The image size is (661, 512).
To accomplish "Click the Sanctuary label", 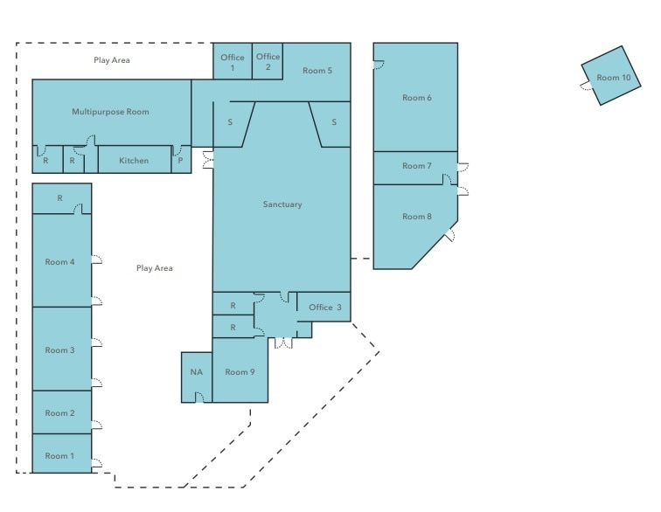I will (x=282, y=204).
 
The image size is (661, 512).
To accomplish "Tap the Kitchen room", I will (x=134, y=161).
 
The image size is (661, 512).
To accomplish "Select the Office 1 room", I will (x=233, y=62).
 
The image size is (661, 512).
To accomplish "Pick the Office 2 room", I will (x=268, y=61).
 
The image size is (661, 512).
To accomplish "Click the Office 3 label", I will (x=325, y=307).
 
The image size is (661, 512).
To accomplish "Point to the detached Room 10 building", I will (x=614, y=78).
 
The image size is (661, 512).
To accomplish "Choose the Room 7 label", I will (x=417, y=166).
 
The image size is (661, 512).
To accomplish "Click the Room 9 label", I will (x=240, y=372).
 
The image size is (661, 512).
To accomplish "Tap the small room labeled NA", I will (x=196, y=372).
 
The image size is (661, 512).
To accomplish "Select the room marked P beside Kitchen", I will (x=180, y=161).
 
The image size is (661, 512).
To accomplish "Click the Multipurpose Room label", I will (x=110, y=112).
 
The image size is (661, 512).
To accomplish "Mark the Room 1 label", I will (x=60, y=456).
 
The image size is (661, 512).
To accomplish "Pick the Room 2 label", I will (x=60, y=413).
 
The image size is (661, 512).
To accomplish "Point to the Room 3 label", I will (x=60, y=349).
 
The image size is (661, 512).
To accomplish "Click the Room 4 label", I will (x=60, y=262).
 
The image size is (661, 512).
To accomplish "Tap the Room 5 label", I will (x=317, y=70).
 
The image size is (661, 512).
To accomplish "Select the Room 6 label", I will (x=417, y=98).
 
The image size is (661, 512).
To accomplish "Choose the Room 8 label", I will (x=417, y=217).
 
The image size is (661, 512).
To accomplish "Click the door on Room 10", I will (x=584, y=85).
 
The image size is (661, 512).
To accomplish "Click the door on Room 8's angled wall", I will (x=449, y=233).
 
